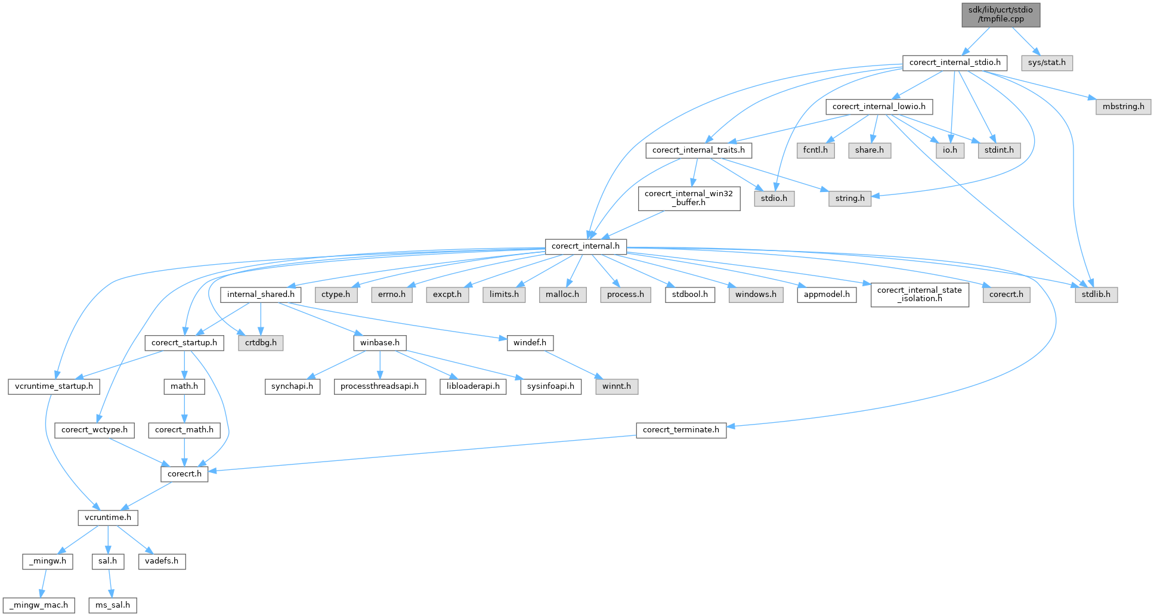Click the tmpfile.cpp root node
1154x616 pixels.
click(1001, 14)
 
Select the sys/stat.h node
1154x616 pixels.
click(1047, 63)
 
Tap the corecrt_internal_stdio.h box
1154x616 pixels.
click(955, 63)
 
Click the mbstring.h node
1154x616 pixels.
click(1123, 107)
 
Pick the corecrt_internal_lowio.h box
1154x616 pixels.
click(879, 107)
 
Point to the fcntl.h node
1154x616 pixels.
click(815, 150)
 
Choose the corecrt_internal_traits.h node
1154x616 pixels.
click(698, 150)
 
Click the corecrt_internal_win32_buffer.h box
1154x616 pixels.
click(689, 198)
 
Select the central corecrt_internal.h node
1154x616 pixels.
click(586, 246)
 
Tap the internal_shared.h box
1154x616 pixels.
click(261, 295)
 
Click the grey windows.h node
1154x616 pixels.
click(756, 295)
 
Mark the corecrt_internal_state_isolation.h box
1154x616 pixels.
click(920, 295)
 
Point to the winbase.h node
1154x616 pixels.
click(380, 343)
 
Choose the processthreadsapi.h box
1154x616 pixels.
click(379, 386)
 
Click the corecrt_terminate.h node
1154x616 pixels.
click(681, 430)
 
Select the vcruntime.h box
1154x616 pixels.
click(108, 518)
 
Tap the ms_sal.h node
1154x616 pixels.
click(113, 605)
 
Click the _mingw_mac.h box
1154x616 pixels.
click(39, 605)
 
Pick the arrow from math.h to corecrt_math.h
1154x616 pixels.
click(184, 408)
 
